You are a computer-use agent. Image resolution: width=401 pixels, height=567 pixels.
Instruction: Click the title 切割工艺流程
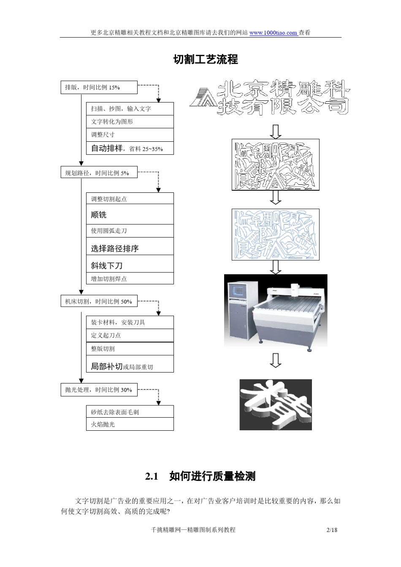(206, 59)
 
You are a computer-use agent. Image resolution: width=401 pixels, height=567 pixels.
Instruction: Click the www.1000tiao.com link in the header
(273, 33)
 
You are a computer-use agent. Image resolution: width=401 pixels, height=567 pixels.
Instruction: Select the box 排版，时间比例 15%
(99, 87)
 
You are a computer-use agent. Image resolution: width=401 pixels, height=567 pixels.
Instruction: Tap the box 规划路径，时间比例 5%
(99, 173)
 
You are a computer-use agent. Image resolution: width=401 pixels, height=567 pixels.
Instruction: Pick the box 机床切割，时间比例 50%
(99, 302)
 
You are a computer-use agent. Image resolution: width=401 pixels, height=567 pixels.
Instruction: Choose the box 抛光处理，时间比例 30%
(99, 390)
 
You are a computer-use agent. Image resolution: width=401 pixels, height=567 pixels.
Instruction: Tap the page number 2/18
(332, 530)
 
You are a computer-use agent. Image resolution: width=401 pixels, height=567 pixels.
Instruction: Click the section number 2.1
(152, 477)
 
